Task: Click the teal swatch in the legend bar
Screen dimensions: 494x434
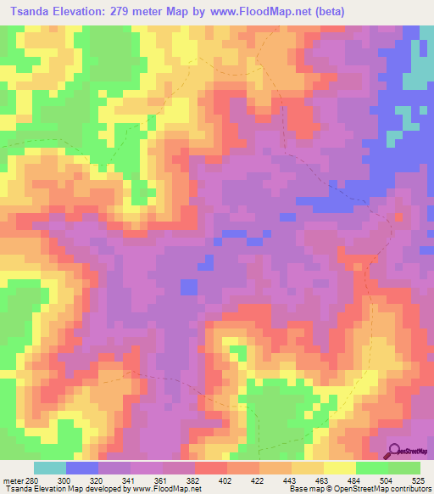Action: [50, 469]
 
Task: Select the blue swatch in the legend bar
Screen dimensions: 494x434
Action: [82, 469]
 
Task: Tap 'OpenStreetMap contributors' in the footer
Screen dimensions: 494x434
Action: [391, 489]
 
